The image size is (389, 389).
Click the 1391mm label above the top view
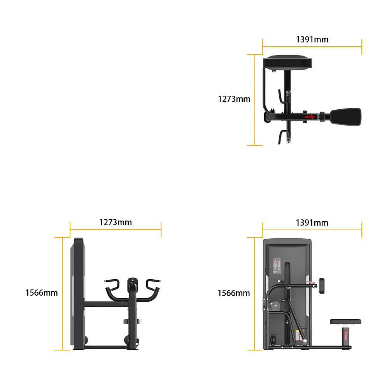point(312,39)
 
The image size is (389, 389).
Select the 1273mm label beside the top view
point(234,99)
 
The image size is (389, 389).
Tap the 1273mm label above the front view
point(116,222)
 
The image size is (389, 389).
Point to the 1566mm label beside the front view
point(42,293)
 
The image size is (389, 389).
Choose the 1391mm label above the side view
point(312,223)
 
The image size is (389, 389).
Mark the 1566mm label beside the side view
point(234,293)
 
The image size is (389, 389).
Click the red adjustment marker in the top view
point(310,117)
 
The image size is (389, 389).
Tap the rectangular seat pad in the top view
point(346,117)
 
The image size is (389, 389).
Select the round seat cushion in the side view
point(345,322)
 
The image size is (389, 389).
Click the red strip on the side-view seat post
point(346,335)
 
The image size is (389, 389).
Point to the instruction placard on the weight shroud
point(277,266)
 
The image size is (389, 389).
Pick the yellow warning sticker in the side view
point(298,335)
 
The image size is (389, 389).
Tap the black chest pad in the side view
point(322,286)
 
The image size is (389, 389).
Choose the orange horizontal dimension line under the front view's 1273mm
point(116,230)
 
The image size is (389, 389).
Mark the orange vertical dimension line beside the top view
point(255,100)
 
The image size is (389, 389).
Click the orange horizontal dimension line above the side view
point(312,230)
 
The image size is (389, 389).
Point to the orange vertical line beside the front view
point(62,294)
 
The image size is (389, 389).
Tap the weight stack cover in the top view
point(287,62)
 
